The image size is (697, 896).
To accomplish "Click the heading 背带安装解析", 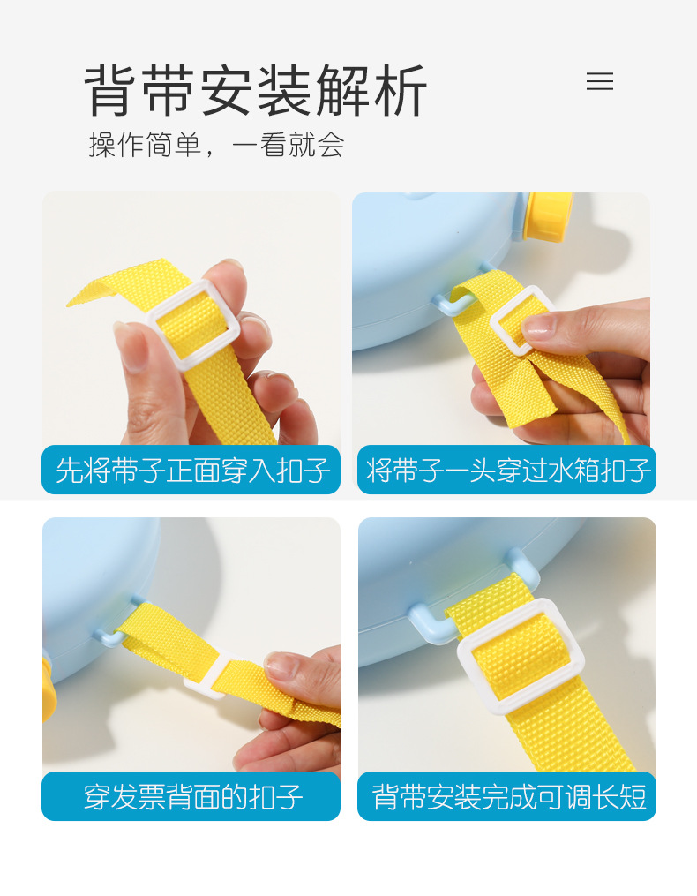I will pyautogui.click(x=256, y=90).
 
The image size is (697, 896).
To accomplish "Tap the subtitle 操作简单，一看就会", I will pyautogui.click(x=216, y=145).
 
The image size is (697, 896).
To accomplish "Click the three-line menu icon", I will pyautogui.click(x=599, y=82).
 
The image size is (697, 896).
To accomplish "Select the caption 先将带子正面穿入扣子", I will pyautogui.click(x=191, y=470).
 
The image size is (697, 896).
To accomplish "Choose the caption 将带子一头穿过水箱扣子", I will pyautogui.click(x=507, y=470).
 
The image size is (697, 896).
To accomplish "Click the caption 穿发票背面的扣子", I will pyautogui.click(x=191, y=796).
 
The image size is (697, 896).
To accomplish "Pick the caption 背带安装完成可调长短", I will pyautogui.click(x=507, y=796).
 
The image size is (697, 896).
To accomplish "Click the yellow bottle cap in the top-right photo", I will pyautogui.click(x=547, y=216).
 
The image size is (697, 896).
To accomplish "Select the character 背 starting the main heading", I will pyautogui.click(x=110, y=90).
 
